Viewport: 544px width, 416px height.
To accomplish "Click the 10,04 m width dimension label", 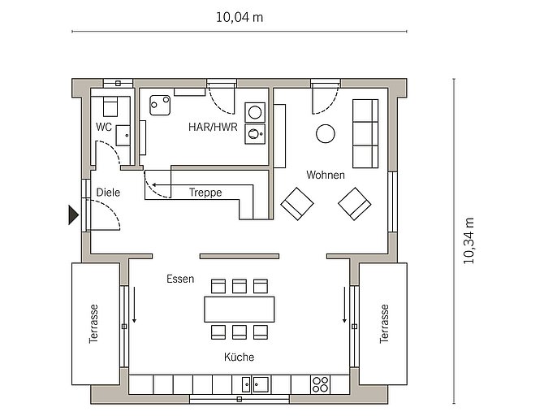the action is [240, 17].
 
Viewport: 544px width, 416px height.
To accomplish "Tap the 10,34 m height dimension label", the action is [468, 240].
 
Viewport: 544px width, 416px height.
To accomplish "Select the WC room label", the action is [104, 127].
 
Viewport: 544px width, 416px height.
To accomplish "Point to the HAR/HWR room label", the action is [213, 127].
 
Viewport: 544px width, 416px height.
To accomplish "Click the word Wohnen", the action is [326, 175].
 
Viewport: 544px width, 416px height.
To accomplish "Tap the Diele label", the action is [108, 193].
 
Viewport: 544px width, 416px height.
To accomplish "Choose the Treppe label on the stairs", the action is [205, 193].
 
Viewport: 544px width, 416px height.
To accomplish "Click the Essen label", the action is [180, 279].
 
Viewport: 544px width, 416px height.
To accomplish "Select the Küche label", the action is [239, 357].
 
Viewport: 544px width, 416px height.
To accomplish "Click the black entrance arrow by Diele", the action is [73, 215].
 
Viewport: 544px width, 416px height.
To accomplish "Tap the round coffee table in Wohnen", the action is [326, 134].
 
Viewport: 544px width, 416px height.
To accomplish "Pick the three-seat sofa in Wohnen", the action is [365, 134].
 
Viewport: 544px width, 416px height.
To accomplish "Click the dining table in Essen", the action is [240, 309].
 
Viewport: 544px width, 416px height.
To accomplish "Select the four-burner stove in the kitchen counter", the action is [320, 384].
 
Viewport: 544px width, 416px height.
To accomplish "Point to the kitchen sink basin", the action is [261, 384].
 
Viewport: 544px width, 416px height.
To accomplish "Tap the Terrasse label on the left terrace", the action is [93, 324].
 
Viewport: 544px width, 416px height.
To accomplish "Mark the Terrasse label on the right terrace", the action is [384, 324].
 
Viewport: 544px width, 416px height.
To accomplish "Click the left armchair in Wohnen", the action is [297, 204].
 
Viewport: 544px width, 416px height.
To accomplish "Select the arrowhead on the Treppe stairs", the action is [153, 184].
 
